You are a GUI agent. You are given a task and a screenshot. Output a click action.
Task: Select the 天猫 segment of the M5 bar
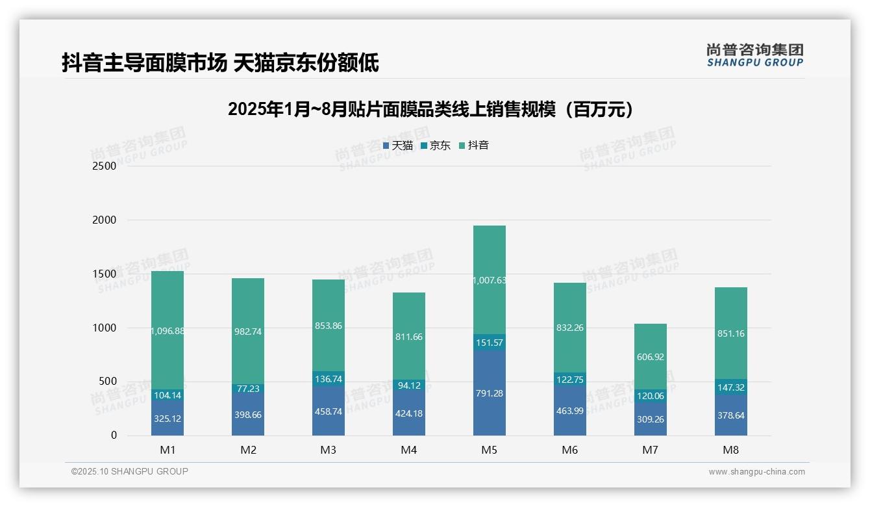(490, 393)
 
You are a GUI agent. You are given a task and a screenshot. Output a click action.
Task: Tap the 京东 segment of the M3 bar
(329, 379)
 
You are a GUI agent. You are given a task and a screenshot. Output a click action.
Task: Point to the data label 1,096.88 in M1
(168, 331)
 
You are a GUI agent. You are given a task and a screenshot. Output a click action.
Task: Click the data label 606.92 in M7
(651, 357)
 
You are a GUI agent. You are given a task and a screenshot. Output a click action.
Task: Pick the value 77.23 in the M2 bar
(248, 389)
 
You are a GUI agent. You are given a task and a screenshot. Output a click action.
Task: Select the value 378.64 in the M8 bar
(731, 415)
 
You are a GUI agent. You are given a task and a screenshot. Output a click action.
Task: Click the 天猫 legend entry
(398, 146)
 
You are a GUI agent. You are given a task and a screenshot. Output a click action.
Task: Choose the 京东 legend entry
(436, 146)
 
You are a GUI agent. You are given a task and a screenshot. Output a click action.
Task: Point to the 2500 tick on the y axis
(105, 166)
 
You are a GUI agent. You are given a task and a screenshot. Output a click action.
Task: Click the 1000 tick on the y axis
(105, 328)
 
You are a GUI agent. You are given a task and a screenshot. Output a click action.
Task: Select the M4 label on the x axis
(409, 450)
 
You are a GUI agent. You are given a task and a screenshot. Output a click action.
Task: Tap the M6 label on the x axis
(570, 450)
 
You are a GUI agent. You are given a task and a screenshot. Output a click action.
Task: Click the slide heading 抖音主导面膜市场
(221, 63)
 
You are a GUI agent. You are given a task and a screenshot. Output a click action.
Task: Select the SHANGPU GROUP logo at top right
(755, 55)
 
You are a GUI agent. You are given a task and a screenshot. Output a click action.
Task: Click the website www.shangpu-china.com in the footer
(756, 472)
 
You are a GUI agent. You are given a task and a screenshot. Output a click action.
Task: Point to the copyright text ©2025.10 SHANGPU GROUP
(130, 472)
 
